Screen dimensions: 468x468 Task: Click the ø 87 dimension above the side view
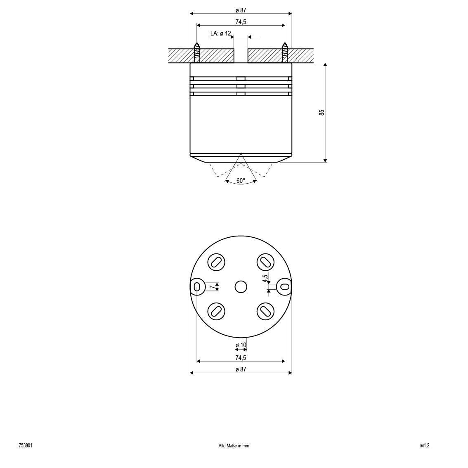[x=241, y=10]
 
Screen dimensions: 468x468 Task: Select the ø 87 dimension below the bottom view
[x=241, y=369]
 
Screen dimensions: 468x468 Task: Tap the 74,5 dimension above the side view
[x=241, y=22]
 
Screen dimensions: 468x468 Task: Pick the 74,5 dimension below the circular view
[x=241, y=358]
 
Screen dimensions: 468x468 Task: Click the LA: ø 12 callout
[x=221, y=33]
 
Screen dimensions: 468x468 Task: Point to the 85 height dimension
[x=322, y=112]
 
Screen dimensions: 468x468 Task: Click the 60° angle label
[x=241, y=181]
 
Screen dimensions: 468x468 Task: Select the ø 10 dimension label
[x=241, y=345]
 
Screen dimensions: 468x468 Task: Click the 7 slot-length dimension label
[x=211, y=286]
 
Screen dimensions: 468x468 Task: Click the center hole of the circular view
[x=241, y=286]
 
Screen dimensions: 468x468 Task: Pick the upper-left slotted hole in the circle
[x=216, y=262]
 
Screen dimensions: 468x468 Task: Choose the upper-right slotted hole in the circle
[x=265, y=262]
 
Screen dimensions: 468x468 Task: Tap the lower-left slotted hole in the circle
[x=216, y=311]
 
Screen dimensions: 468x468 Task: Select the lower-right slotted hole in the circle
[x=265, y=311]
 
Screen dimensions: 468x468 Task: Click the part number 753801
[x=26, y=446]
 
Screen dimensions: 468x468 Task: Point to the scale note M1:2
[x=425, y=446]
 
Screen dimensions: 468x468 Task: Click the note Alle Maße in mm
[x=234, y=446]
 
